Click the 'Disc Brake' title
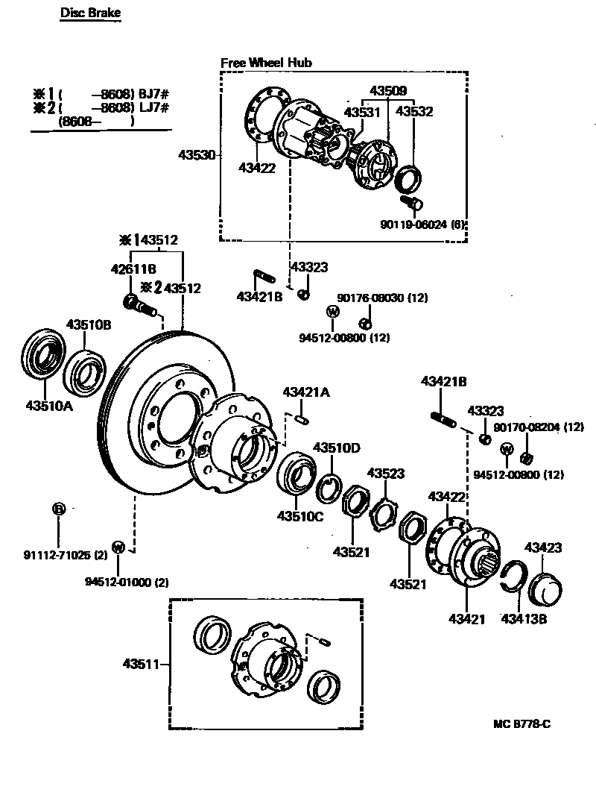tap(90, 13)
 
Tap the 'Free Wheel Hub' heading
tap(266, 63)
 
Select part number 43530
tap(197, 155)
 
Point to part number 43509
tap(388, 92)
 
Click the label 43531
tap(362, 112)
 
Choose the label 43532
tap(414, 112)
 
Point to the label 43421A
tap(305, 392)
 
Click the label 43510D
tap(336, 448)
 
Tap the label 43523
tap(386, 473)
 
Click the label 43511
tap(142, 664)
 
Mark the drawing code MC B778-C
tap(521, 723)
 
